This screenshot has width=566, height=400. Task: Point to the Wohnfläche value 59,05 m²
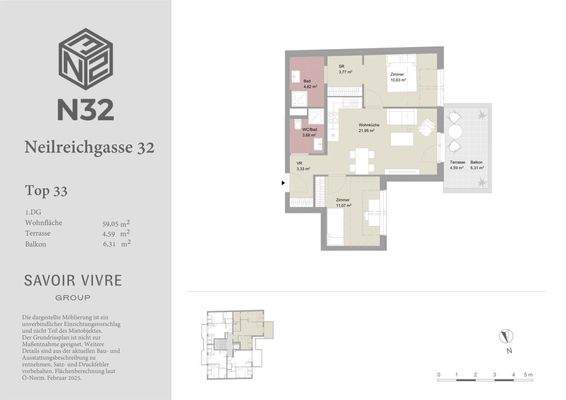point(114,221)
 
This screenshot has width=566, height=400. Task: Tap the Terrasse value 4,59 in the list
point(109,232)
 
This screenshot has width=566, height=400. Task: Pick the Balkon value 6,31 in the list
point(109,243)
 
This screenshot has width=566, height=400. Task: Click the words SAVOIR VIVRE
point(72,280)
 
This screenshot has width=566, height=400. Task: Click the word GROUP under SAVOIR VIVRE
point(72,298)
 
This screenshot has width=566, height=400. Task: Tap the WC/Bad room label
point(310,132)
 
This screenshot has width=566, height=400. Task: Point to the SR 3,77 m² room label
point(342,70)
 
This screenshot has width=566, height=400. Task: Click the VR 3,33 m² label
point(301,167)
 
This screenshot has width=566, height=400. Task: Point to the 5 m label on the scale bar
point(531,374)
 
